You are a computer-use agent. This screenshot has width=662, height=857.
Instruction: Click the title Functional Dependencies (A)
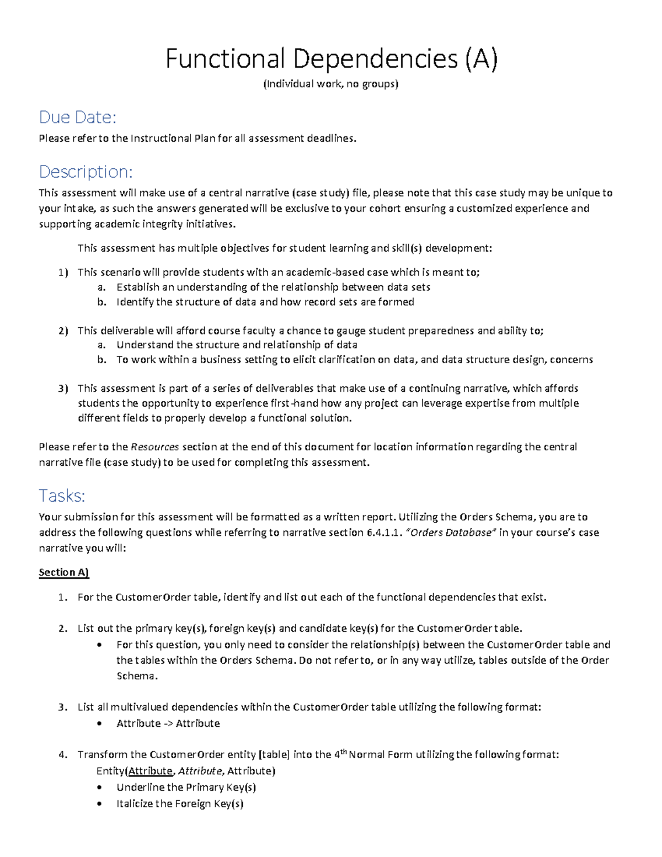331,59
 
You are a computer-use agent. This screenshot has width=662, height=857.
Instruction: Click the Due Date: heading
77,117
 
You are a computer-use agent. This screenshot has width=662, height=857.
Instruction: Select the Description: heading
86,172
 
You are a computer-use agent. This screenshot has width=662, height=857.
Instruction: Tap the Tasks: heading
62,496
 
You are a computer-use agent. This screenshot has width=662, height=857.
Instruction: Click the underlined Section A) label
63,572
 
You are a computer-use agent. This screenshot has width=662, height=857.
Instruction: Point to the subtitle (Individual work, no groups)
330,84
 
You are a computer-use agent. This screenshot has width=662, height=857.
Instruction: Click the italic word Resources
155,447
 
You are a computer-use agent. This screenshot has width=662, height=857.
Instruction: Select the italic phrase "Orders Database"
451,533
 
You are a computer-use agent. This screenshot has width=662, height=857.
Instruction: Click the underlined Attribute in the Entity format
150,771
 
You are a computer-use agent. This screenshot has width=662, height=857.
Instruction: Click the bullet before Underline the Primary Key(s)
99,787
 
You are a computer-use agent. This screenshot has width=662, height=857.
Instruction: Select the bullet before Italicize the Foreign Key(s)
99,804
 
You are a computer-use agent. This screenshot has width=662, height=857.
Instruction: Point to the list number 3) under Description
63,388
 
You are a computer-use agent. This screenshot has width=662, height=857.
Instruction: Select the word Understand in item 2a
145,345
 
